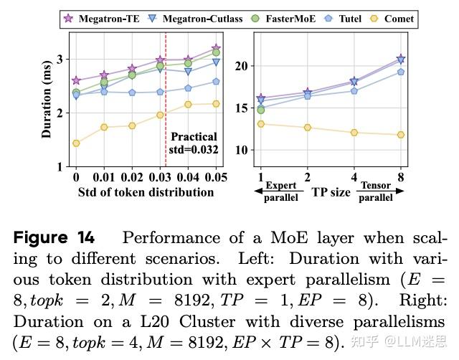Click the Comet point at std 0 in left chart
76,143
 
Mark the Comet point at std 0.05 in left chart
216,104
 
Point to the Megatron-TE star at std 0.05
216,49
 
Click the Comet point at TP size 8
400,135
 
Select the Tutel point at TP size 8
400,72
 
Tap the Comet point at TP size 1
260,124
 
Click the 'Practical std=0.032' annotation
194,143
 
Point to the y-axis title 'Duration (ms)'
47,101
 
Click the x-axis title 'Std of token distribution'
146,192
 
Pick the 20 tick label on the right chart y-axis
241,66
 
